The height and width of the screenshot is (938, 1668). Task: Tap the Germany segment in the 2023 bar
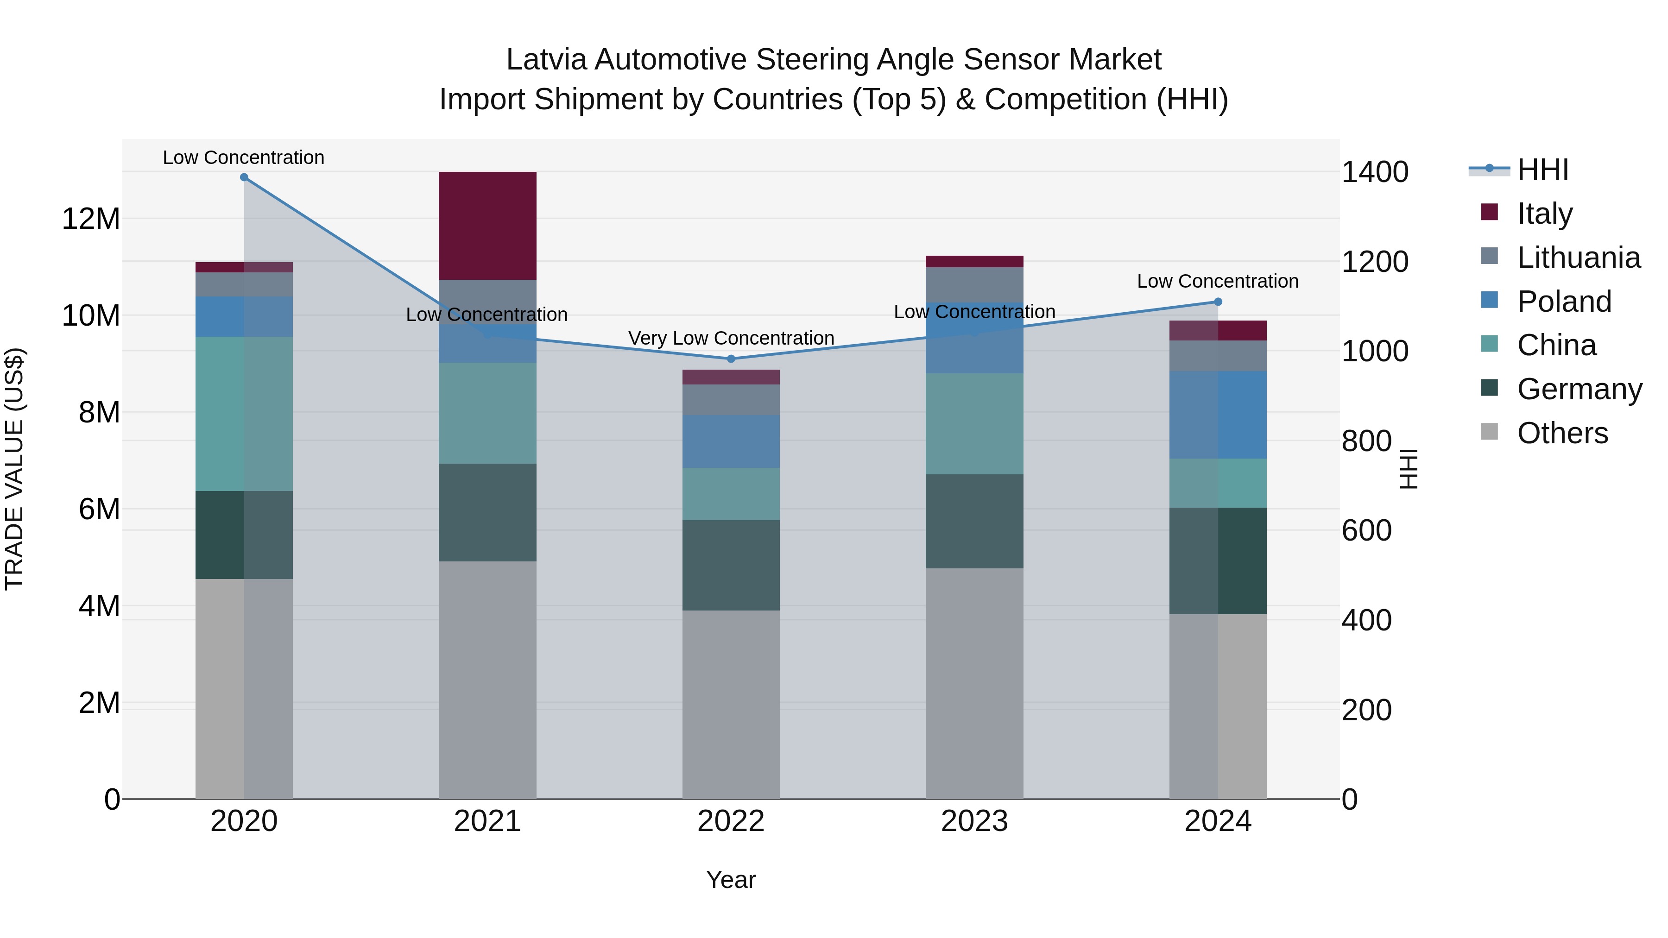click(x=974, y=521)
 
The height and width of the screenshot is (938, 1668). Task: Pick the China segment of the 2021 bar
click(x=487, y=413)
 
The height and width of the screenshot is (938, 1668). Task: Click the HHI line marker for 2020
click(x=244, y=177)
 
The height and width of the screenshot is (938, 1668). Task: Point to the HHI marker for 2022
click(x=731, y=359)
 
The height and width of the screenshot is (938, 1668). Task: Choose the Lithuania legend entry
click(x=1578, y=258)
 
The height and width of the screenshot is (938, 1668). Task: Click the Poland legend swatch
click(x=1489, y=300)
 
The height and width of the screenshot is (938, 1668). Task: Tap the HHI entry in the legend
click(x=1542, y=170)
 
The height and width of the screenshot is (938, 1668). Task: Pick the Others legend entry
click(x=1562, y=433)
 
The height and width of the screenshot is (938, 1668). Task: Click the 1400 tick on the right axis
click(x=1374, y=172)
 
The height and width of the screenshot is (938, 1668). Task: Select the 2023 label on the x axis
click(x=974, y=821)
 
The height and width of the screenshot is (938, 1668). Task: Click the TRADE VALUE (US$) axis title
click(x=14, y=469)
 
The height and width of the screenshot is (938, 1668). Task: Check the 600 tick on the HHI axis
click(x=1366, y=531)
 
